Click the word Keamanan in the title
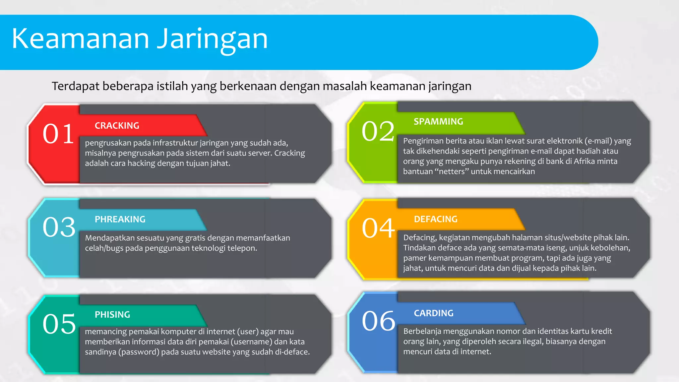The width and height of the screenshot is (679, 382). (81, 39)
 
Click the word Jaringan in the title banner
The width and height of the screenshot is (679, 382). (212, 40)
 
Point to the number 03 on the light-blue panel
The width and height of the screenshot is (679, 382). (59, 227)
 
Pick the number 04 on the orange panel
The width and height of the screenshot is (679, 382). (378, 228)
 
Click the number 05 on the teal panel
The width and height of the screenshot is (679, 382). (59, 324)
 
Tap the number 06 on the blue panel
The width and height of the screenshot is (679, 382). (378, 321)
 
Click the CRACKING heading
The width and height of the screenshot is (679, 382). (117, 126)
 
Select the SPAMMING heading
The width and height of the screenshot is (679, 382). (438, 122)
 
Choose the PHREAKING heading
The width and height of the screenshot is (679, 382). (120, 220)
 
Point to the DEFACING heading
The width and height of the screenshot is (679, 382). (436, 219)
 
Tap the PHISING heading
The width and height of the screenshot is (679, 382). (112, 315)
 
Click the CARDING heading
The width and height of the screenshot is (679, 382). (434, 313)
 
